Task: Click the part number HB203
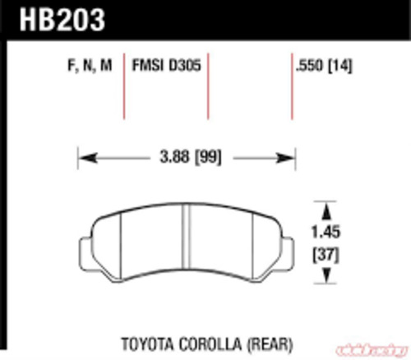point(55,17)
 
